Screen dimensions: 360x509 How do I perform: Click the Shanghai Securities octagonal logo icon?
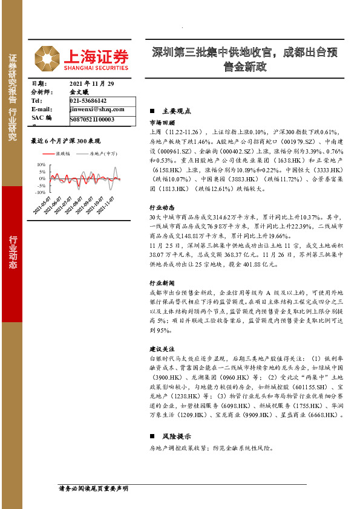coord(46,58)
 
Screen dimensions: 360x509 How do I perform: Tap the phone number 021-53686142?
coord(88,100)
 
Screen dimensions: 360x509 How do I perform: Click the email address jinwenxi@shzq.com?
coord(97,109)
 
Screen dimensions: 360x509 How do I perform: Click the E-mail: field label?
coord(42,109)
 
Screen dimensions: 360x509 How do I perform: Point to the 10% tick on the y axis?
coord(41,164)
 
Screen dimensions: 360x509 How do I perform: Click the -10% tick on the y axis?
coord(41,193)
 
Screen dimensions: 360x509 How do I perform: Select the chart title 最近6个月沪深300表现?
coord(65,140)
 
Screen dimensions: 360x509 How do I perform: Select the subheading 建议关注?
coord(162,349)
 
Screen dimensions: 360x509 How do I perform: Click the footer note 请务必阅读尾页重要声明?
coord(93,487)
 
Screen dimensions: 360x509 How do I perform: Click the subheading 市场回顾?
coord(162,122)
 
